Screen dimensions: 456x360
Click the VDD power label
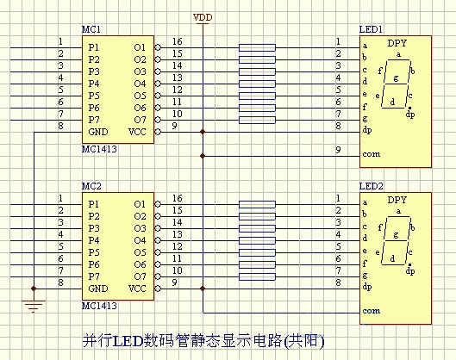click(203, 18)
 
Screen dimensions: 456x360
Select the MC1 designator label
click(91, 29)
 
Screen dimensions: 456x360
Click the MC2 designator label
click(91, 186)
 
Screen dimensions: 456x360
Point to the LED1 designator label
click(371, 29)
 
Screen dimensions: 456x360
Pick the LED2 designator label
click(371, 186)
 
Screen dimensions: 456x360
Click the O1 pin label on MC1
click(140, 47)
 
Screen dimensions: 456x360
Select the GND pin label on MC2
click(98, 289)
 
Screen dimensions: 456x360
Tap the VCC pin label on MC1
click(137, 132)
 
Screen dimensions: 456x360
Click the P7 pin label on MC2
click(94, 276)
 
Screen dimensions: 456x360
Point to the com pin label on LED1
click(371, 154)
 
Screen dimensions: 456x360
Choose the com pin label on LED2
click(371, 311)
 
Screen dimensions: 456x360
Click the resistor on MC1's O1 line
click(257, 47)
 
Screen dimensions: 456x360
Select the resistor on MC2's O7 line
click(257, 276)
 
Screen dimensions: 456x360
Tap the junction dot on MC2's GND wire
click(34, 289)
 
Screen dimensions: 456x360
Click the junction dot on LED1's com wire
click(203, 156)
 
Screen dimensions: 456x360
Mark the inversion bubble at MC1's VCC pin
click(158, 132)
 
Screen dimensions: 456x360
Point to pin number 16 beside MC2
click(177, 198)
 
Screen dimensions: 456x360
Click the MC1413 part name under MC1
click(99, 149)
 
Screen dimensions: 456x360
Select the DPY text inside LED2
click(397, 200)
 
